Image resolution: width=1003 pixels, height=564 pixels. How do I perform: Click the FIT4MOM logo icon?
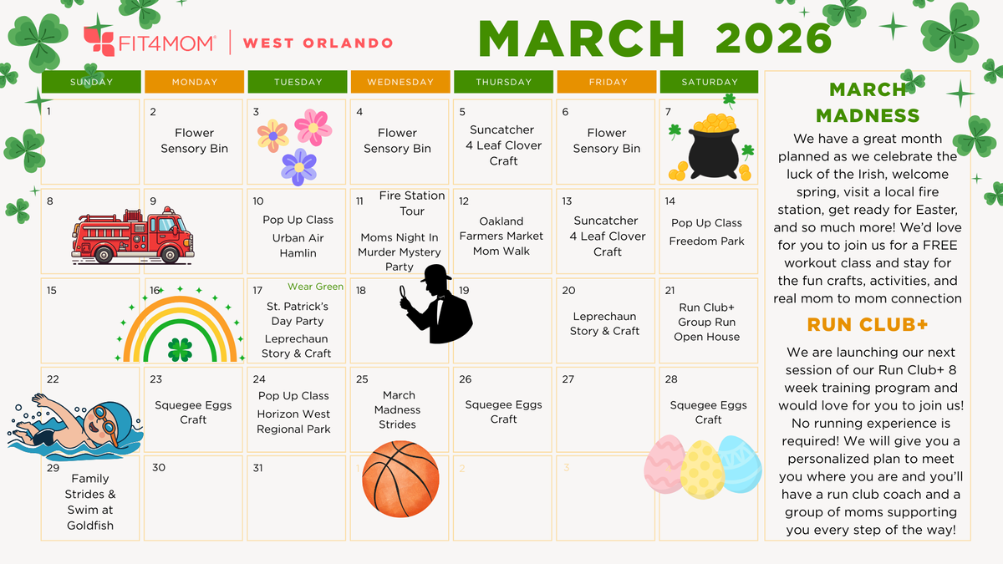pos(99,42)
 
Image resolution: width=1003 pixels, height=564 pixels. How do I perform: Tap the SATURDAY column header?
pos(709,82)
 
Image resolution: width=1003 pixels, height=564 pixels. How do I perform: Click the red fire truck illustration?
pos(132,235)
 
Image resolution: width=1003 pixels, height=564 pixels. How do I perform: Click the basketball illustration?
pos(400,480)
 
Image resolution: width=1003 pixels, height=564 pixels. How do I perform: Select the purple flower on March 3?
pos(298,166)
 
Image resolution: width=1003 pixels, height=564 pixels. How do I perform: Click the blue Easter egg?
pos(741,463)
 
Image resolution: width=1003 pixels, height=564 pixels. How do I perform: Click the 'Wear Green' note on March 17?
pos(315,287)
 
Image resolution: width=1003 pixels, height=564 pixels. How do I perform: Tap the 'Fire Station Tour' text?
pos(412,203)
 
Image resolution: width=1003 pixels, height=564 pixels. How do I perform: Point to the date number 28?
pos(670,379)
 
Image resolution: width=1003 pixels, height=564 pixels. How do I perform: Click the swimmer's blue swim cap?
pos(106,413)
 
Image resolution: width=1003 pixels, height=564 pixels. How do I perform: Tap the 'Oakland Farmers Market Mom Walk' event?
pos(501,236)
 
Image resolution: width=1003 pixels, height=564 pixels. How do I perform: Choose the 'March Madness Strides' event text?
pos(398,409)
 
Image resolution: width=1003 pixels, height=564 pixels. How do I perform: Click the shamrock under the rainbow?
pos(180,349)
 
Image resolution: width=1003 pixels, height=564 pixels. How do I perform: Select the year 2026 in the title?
pos(773,38)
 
